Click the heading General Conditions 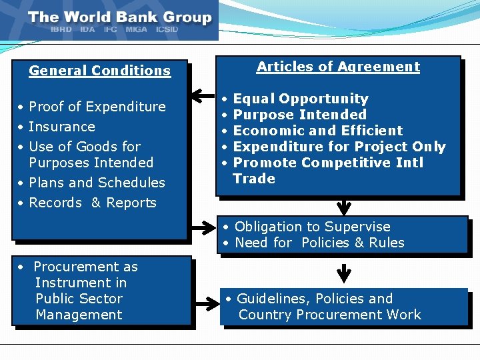pos(100,71)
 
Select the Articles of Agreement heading pos(338,67)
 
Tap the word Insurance pos(62,127)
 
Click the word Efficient pos(372,131)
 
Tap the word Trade pos(254,179)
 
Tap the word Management pos(79,315)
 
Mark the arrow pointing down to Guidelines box pos(344,273)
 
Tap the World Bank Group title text pos(120,18)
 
